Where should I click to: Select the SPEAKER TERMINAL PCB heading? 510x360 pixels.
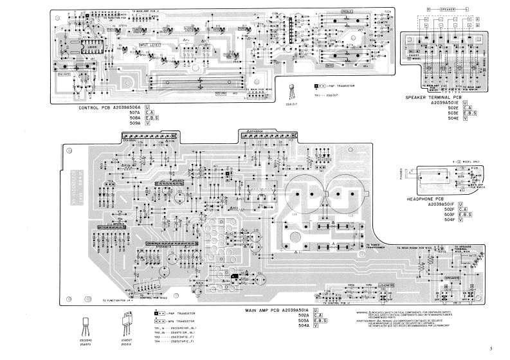433,97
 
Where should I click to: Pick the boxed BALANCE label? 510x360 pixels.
65,74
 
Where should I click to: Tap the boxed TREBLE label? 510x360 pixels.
347,11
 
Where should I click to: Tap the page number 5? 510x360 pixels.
490,348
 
